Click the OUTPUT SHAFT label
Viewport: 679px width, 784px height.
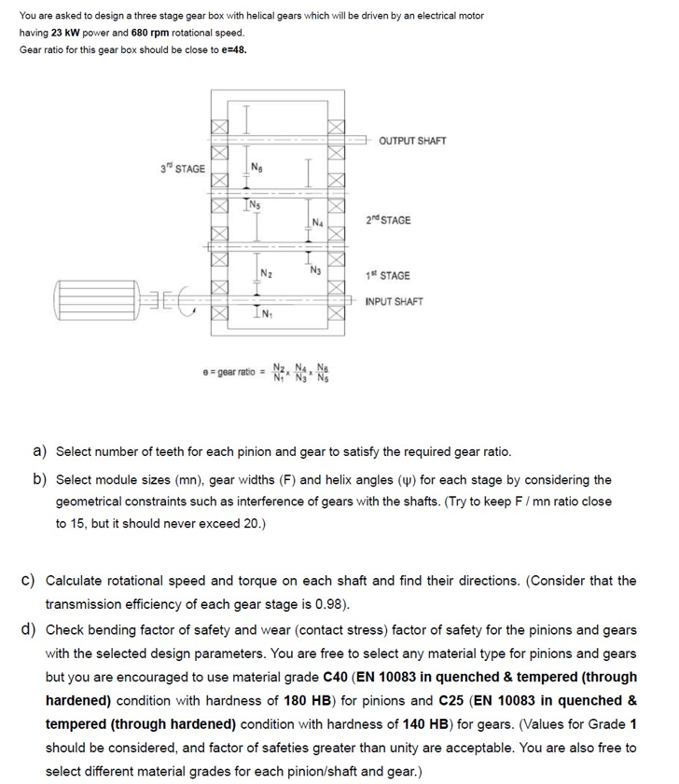[x=412, y=141]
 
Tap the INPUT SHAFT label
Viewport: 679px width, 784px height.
[x=394, y=301]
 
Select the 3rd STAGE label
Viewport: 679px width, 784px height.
[x=182, y=168]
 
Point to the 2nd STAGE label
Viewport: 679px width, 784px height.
[x=388, y=220]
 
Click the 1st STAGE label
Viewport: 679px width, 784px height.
[x=388, y=276]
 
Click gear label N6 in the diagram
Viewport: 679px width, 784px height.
[x=256, y=168]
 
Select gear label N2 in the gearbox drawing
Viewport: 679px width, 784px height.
[x=265, y=273]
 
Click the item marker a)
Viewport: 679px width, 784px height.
[x=41, y=451]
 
